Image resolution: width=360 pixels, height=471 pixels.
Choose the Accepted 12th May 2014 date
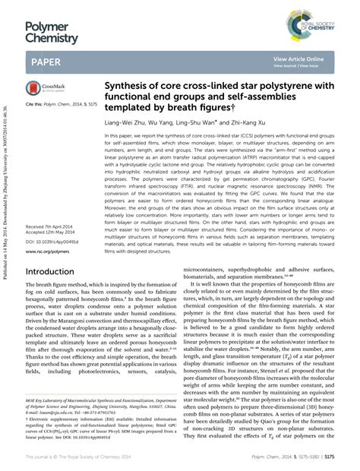(51, 234)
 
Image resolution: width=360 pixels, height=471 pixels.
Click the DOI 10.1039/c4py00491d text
(52, 242)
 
